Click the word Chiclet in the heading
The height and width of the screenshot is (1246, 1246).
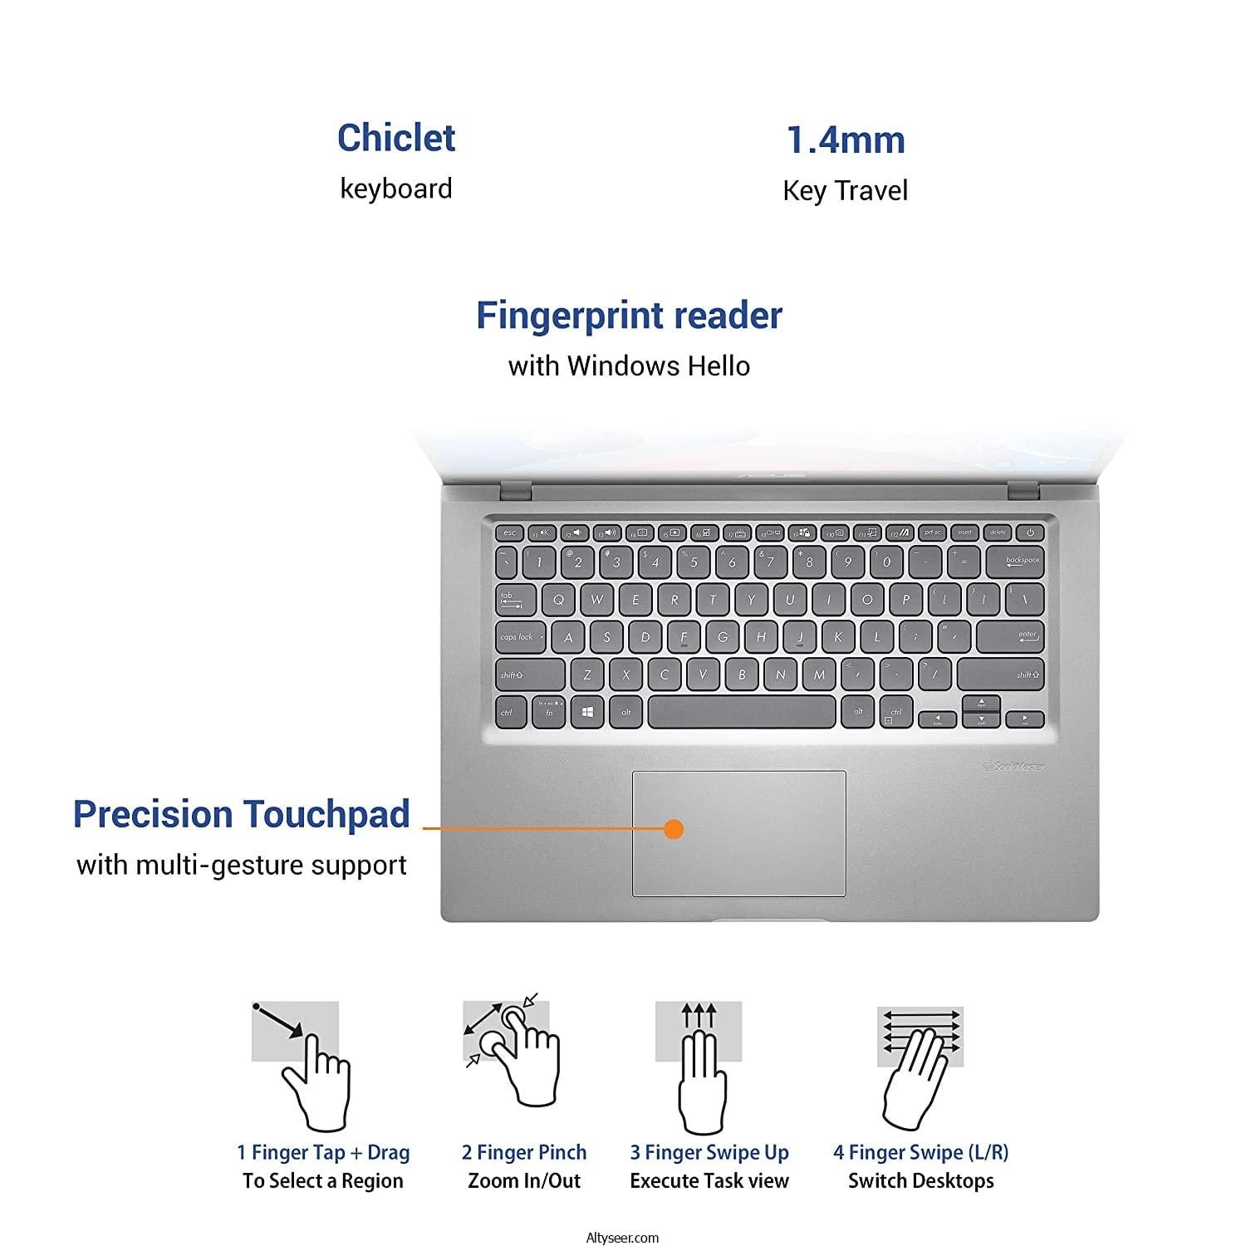click(396, 138)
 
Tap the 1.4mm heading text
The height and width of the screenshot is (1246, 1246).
click(846, 140)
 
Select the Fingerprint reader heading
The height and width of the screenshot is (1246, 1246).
click(629, 316)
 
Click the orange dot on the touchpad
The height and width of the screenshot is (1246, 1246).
click(675, 828)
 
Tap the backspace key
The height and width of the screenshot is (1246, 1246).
click(1022, 561)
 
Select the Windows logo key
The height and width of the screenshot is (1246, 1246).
click(587, 712)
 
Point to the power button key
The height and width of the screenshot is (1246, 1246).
click(1030, 532)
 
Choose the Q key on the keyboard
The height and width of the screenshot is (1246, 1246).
click(558, 599)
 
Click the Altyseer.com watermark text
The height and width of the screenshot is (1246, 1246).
click(622, 1238)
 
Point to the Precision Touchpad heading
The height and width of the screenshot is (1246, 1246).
click(242, 814)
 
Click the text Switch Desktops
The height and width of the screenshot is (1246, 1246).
click(920, 1181)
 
